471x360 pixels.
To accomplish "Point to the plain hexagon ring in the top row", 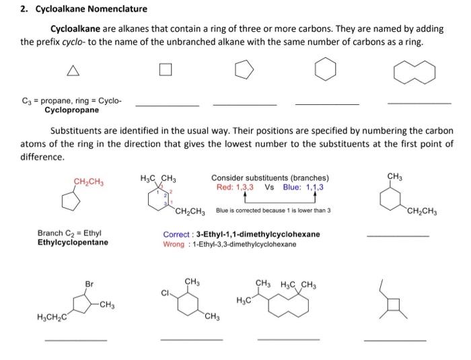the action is click(326, 70).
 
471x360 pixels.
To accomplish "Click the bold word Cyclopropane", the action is click(71, 110).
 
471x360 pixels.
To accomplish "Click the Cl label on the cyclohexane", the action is click(165, 293).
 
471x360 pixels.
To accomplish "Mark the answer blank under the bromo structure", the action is click(75, 340).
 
